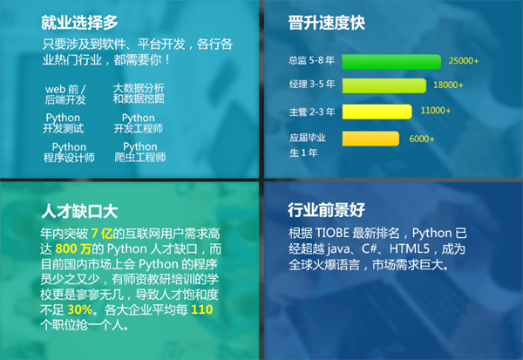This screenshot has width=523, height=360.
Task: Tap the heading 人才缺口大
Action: tap(78, 211)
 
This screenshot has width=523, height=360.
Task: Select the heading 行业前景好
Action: tap(326, 211)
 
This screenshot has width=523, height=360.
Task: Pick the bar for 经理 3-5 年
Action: tap(383, 85)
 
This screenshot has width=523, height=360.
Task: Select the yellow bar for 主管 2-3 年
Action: tap(375, 112)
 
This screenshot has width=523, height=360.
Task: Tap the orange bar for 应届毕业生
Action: tap(370, 138)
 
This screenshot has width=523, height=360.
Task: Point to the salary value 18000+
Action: tap(448, 85)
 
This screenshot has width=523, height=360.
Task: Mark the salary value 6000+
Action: tap(422, 139)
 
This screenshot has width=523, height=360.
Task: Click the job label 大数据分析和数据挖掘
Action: tap(139, 93)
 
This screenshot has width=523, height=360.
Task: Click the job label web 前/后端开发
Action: tap(66, 94)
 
